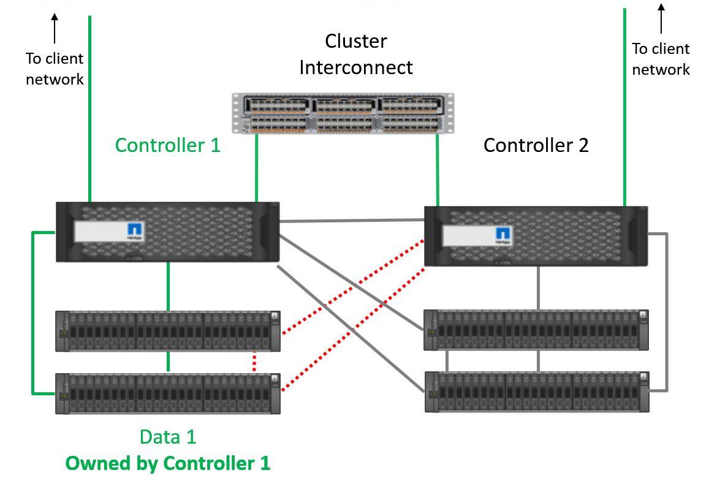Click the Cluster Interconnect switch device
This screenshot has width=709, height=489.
(x=343, y=113)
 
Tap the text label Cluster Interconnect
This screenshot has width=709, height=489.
(x=355, y=54)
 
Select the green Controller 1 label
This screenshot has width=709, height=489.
(x=167, y=145)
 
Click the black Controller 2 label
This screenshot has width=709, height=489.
(x=536, y=145)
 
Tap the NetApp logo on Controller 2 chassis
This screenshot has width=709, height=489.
(x=502, y=235)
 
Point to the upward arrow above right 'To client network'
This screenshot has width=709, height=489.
(x=661, y=18)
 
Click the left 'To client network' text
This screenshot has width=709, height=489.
(x=55, y=69)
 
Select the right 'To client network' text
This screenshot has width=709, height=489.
(x=661, y=59)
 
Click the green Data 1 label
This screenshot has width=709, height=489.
(x=168, y=437)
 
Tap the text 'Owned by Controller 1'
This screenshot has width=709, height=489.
(x=168, y=463)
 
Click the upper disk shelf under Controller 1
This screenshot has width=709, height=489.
(x=168, y=331)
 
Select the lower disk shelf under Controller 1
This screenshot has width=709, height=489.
(x=168, y=393)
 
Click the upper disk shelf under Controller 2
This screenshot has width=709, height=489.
(x=536, y=330)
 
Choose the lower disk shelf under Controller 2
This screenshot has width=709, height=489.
(x=536, y=391)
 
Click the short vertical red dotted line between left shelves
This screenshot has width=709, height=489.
(x=254, y=362)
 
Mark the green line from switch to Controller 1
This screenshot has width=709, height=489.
(x=256, y=169)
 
